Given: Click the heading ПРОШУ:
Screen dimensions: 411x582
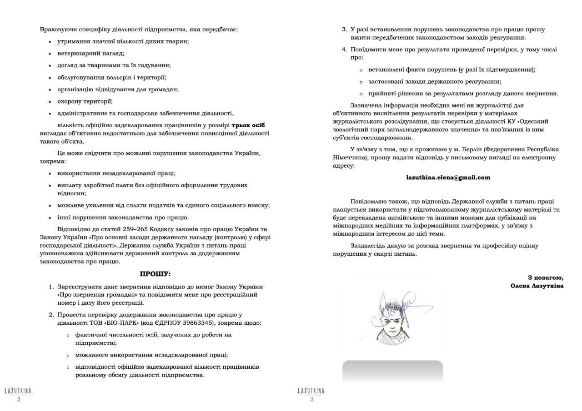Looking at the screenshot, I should pyautogui.click(x=155, y=274).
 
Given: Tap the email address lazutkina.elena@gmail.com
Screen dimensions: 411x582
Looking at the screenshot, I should pyautogui.click(x=448, y=178).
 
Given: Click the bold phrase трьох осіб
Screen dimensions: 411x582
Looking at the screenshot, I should pyautogui.click(x=248, y=125).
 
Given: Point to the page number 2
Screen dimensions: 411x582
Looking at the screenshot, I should pyautogui.click(x=19, y=400).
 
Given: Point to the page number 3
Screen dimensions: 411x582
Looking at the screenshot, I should pyautogui.click(x=312, y=400).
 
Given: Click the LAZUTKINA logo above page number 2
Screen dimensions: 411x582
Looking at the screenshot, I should pyautogui.click(x=18, y=391).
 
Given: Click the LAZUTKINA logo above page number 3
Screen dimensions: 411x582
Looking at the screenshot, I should pyautogui.click(x=311, y=391).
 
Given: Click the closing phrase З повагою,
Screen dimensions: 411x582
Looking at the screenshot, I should pyautogui.click(x=545, y=277).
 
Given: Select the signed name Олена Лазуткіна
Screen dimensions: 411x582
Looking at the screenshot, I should pyautogui.click(x=537, y=286).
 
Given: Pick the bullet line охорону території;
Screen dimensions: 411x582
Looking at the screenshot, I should pyautogui.click(x=85, y=101).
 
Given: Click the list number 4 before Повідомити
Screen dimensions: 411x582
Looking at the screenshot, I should pyautogui.click(x=344, y=50).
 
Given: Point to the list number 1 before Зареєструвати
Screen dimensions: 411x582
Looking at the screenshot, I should pyautogui.click(x=51, y=287).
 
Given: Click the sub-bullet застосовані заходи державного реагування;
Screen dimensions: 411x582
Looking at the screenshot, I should pyautogui.click(x=435, y=82).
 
